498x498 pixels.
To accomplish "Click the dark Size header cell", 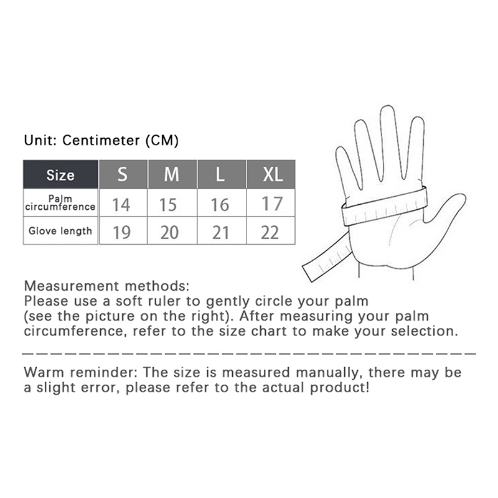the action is (x=60, y=174).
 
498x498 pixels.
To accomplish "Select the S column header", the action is (x=123, y=174).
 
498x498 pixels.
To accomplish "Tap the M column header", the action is (x=172, y=174).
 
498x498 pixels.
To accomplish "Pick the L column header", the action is (x=222, y=174).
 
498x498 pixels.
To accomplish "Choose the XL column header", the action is (x=271, y=174).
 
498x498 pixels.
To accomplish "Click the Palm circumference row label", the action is (x=60, y=203).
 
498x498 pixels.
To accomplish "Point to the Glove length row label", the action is (x=60, y=231).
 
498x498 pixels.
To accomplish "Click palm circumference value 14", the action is (x=121, y=205).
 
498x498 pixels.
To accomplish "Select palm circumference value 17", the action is (x=272, y=204).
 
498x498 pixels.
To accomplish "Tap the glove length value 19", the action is (x=121, y=232).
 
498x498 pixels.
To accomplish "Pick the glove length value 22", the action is (x=270, y=232).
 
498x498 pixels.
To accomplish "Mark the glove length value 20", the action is (x=169, y=232).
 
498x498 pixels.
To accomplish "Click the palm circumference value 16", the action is (x=220, y=205).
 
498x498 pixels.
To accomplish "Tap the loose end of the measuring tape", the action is (x=309, y=273).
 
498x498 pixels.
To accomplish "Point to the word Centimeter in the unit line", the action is (x=101, y=140).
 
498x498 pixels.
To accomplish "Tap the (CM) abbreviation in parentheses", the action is (x=162, y=141).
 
